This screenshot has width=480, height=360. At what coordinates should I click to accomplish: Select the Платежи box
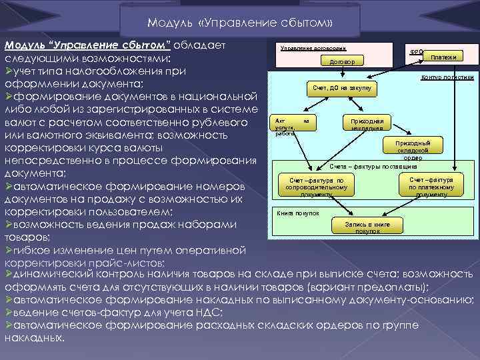pos(443,57)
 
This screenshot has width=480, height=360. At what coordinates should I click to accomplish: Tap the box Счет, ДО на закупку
pos(343,88)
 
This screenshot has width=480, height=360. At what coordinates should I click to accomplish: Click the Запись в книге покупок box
pos(367,227)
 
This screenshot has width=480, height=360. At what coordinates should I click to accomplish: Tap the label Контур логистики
pos(447,77)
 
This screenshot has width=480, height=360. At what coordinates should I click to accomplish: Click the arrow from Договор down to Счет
pos(343,75)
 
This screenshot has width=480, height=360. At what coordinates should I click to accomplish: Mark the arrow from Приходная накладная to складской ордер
pos(394,134)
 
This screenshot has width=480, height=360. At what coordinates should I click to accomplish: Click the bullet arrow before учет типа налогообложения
pos(8,71)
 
